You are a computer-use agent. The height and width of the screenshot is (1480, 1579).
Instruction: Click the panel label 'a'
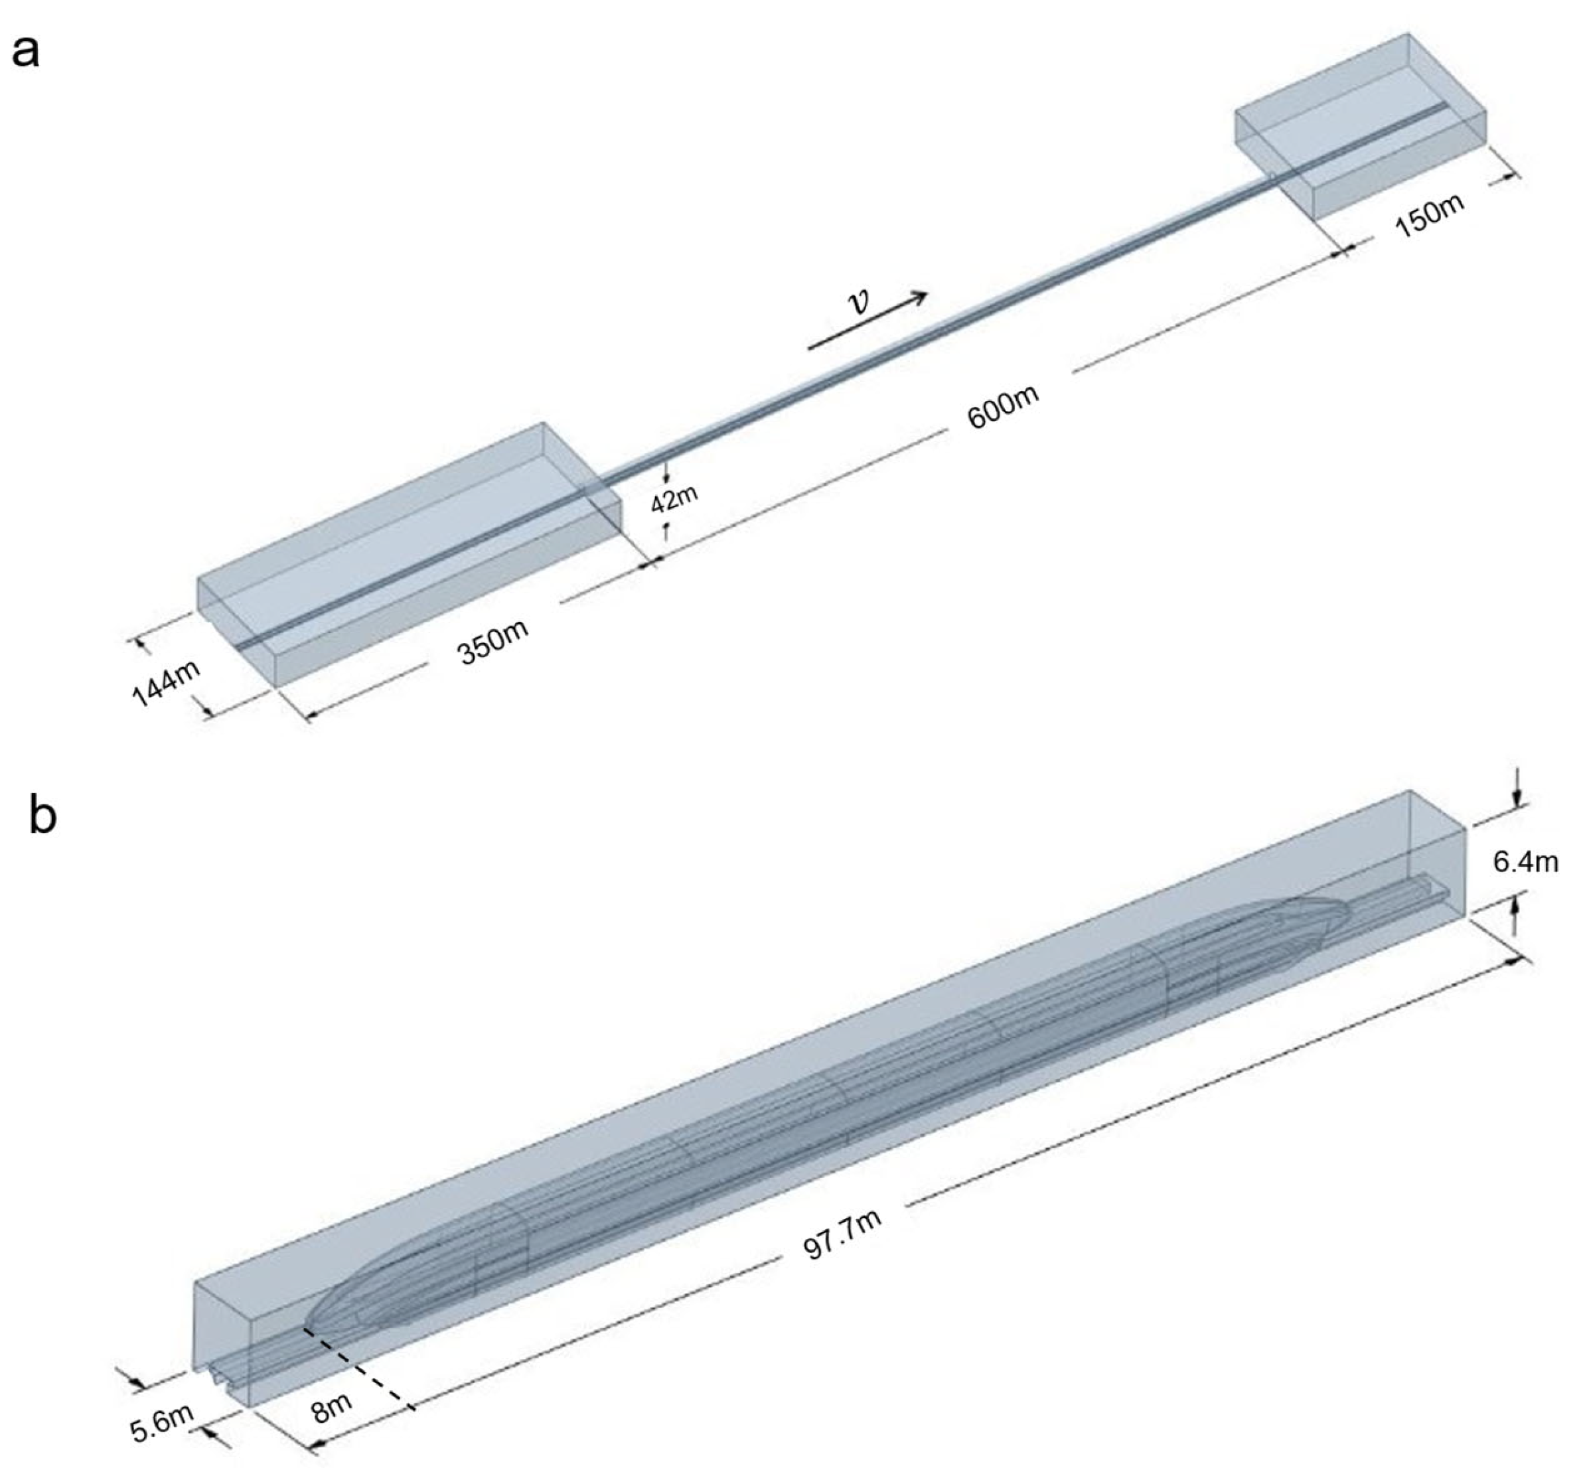pyautogui.click(x=26, y=53)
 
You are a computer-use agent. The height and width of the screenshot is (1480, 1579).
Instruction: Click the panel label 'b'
pyautogui.click(x=42, y=816)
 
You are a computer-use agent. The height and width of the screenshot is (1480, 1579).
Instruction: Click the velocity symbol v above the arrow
pyautogui.click(x=859, y=303)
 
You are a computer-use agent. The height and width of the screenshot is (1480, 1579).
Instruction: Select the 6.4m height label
pyautogui.click(x=1525, y=862)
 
